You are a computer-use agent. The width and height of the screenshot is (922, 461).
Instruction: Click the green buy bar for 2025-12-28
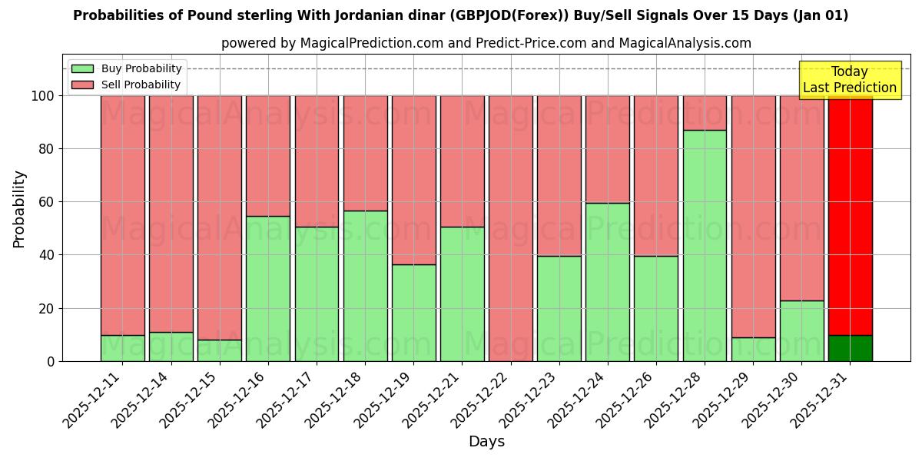tap(705, 245)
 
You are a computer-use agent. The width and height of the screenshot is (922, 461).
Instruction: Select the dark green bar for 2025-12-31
tap(850, 348)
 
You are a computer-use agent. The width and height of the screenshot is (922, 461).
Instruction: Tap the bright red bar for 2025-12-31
tap(850, 215)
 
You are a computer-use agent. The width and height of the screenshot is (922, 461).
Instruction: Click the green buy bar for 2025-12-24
tap(607, 282)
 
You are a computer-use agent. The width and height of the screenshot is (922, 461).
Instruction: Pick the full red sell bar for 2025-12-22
tap(510, 228)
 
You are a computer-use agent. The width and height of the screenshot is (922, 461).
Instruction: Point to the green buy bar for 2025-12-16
tap(268, 288)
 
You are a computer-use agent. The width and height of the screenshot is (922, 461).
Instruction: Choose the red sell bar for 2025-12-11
tap(123, 215)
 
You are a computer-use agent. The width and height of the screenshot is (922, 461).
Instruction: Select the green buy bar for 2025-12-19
tap(413, 313)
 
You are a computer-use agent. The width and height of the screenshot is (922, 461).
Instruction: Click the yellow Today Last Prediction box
tap(849, 80)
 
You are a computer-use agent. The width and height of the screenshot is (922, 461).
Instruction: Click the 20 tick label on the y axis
tap(47, 308)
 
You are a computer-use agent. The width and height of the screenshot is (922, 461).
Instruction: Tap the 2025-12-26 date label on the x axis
tap(626, 398)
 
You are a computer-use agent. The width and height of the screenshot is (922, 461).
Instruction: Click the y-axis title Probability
tap(19, 208)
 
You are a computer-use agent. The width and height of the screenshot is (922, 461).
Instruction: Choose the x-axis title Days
tap(486, 442)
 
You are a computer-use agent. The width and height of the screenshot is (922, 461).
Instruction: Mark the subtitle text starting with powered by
tap(486, 43)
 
